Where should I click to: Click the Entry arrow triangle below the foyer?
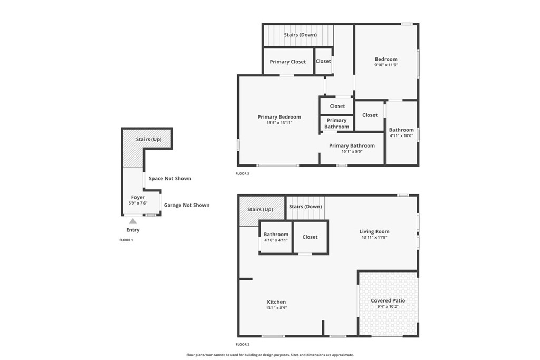133,221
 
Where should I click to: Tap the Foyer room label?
138,197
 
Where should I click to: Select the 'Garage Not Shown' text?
186,205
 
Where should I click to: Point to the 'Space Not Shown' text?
170,178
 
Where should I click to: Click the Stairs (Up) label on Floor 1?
149,139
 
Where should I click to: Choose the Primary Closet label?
287,62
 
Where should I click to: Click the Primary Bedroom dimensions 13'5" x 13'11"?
279,123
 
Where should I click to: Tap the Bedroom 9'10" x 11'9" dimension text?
386,65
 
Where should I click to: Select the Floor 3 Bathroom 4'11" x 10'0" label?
401,135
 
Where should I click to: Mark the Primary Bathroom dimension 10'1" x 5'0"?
352,151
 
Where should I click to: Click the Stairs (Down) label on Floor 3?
300,35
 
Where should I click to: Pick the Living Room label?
374,231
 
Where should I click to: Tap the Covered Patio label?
388,300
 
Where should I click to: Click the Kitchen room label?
276,302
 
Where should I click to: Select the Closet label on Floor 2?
310,237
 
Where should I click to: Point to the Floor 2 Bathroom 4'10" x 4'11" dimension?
276,240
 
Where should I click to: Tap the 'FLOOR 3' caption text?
243,173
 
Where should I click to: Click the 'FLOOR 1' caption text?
126,240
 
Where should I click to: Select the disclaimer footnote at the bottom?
270,355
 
